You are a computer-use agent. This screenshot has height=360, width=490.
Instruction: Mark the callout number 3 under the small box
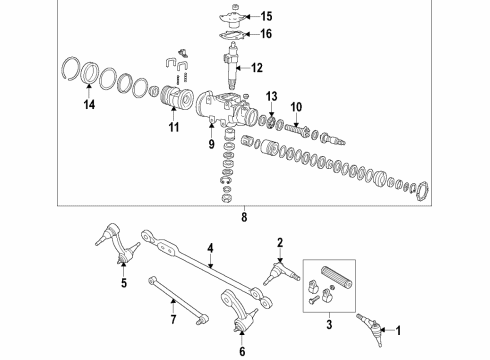[326, 325]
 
